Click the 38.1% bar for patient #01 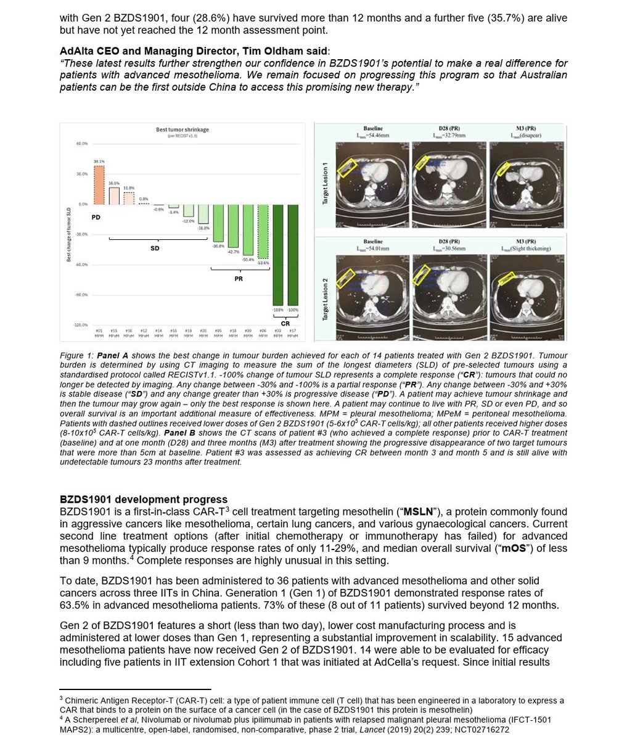[99, 185]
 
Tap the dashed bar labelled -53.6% [263, 231]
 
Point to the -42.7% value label [233, 252]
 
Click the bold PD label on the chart [96, 218]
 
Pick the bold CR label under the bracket [285, 323]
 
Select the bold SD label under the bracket [155, 248]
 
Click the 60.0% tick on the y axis [81, 144]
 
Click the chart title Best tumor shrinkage [182, 129]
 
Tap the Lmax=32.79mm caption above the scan [448, 135]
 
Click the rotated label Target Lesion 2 [325, 299]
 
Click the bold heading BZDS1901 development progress [143, 499]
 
